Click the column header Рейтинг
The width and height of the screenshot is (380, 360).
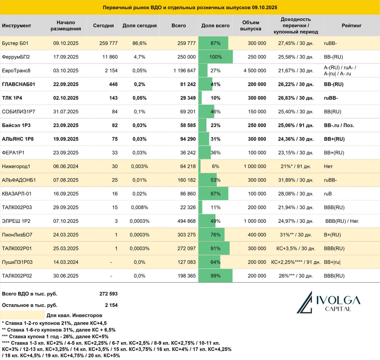pyautogui.click(x=351, y=26)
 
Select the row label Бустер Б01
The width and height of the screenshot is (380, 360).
pyautogui.click(x=15, y=43)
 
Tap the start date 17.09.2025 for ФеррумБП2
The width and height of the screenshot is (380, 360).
pyautogui.click(x=66, y=57)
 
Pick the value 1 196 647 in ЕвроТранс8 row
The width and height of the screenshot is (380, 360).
pyautogui.click(x=185, y=71)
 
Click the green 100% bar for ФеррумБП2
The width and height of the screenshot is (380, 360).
pyautogui.click(x=216, y=57)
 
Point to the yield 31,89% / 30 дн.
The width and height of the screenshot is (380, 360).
pyautogui.click(x=296, y=180)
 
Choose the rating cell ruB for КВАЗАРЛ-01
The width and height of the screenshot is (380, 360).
pyautogui.click(x=328, y=194)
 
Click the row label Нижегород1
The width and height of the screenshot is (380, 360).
pyautogui.click(x=16, y=166)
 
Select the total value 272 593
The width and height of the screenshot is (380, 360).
pyautogui.click(x=108, y=294)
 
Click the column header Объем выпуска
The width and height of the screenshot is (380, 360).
pyautogui.click(x=251, y=26)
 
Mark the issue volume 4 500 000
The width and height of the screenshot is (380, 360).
pyautogui.click(x=255, y=71)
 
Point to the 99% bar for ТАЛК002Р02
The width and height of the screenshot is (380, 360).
pyautogui.click(x=215, y=275)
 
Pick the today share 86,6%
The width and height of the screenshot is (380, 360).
pyautogui.click(x=139, y=43)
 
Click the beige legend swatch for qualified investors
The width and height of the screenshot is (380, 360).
pyautogui.click(x=22, y=315)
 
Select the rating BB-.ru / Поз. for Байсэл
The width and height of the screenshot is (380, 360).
pyautogui.click(x=339, y=125)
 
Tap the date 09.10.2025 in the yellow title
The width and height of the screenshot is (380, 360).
pyautogui.click(x=265, y=7)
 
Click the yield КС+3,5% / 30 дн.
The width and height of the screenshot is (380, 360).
pyautogui.click(x=296, y=248)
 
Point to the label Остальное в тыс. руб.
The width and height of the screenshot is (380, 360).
pyautogui.click(x=30, y=305)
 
